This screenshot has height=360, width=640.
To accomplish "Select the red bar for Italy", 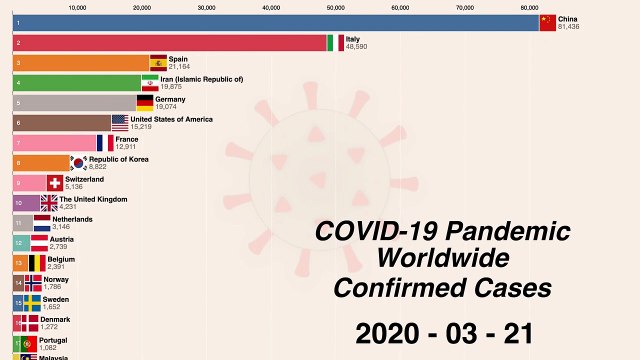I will coord(170,43).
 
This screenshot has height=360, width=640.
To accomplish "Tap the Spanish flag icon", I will coord(158,62).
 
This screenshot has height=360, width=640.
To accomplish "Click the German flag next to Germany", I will coord(145,102).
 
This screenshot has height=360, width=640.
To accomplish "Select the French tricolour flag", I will coord(106,143).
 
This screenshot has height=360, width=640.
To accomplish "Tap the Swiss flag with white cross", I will coord(55,182).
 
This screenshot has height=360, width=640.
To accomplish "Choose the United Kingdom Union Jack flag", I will coord(50,202).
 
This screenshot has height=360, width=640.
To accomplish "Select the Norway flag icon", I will coord(33,283).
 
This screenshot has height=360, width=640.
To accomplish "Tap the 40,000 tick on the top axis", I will coord(271,6).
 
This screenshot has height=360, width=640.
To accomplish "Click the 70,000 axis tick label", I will coord(465,6).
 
